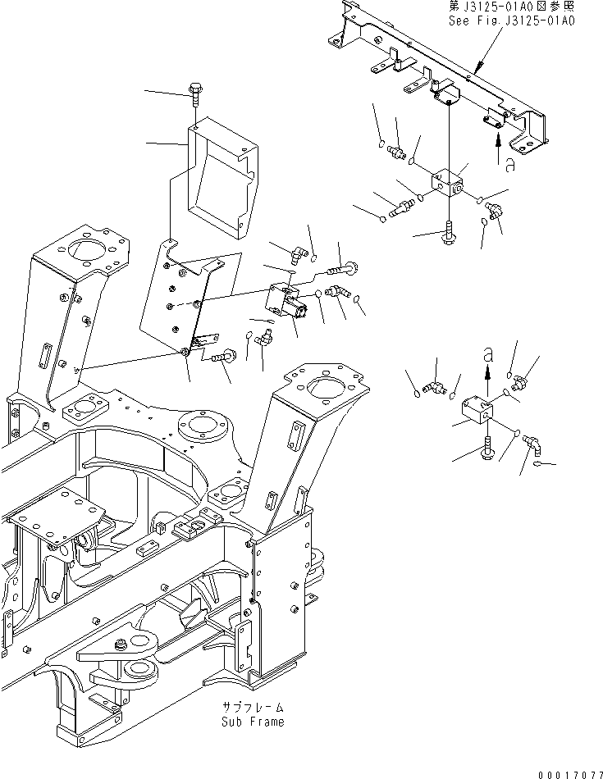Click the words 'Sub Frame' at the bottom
click(253, 722)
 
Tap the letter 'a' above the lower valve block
click(489, 355)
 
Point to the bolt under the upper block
click(450, 232)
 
